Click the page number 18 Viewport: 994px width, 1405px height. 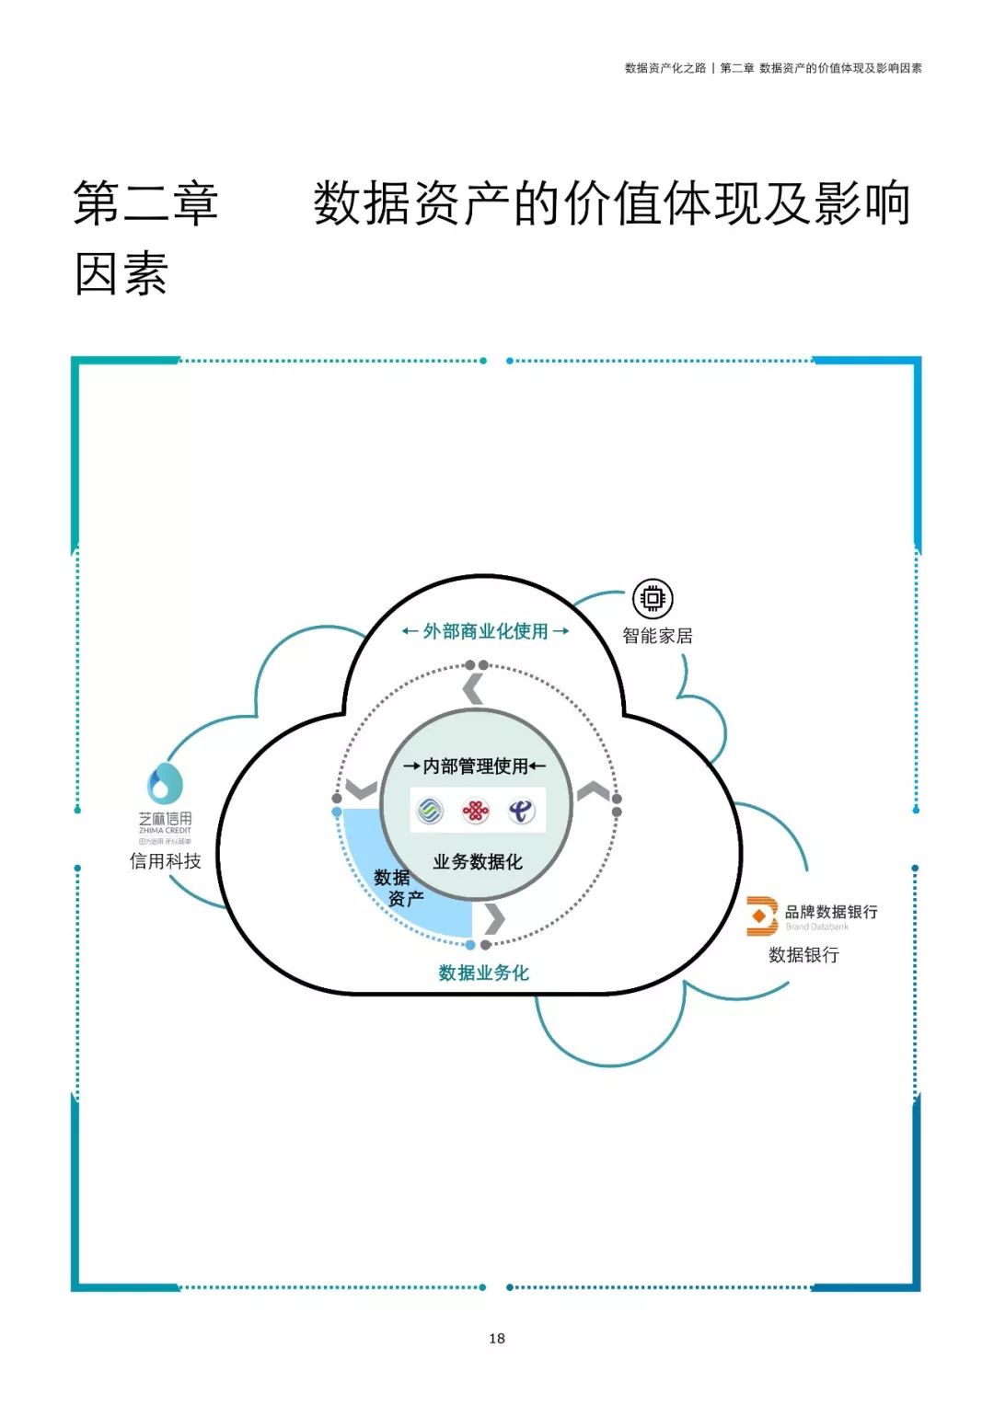(497, 1338)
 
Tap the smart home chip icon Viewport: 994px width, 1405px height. (653, 599)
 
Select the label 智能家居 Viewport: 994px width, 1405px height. (657, 636)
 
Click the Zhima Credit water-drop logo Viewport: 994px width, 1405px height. (166, 784)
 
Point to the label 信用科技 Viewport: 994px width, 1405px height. (166, 861)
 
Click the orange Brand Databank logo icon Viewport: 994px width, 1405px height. (761, 916)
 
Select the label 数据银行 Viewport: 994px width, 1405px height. (803, 955)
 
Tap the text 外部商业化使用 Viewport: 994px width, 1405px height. (485, 631)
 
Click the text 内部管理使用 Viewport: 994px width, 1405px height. (475, 766)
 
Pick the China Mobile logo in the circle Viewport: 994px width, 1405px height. (430, 811)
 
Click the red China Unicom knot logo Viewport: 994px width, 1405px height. (475, 811)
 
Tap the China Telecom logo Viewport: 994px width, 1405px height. (522, 811)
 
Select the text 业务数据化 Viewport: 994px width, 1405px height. (478, 862)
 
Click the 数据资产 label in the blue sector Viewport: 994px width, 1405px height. (398, 888)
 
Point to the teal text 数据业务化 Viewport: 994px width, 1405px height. (483, 973)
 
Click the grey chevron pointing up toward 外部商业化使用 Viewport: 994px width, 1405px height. (473, 688)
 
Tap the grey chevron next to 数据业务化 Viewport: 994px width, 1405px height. (495, 918)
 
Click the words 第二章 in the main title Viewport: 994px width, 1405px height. (145, 203)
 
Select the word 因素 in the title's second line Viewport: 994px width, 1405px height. (121, 273)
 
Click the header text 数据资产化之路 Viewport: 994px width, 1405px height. (665, 68)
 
